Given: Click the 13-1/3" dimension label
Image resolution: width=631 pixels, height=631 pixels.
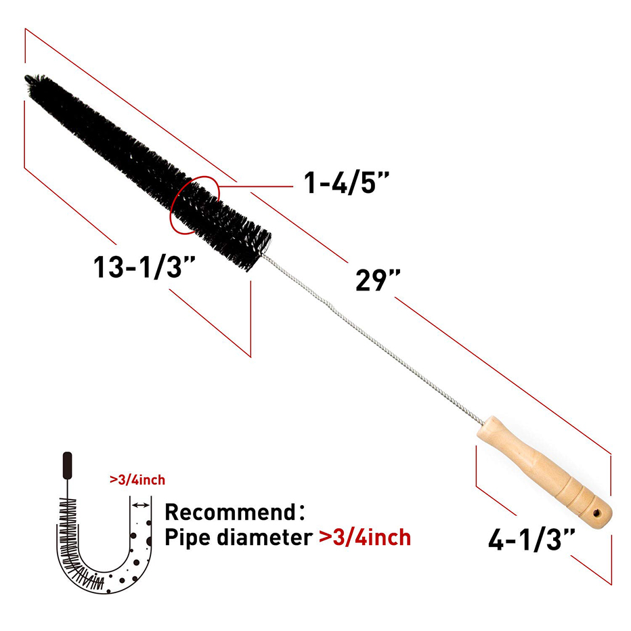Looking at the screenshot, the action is [144, 267].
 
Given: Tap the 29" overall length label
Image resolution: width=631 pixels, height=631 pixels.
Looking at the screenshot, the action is [378, 280].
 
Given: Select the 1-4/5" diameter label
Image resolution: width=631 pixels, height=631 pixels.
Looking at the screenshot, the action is [347, 183].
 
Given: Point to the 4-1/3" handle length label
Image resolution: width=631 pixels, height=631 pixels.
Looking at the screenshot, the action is [531, 539].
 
